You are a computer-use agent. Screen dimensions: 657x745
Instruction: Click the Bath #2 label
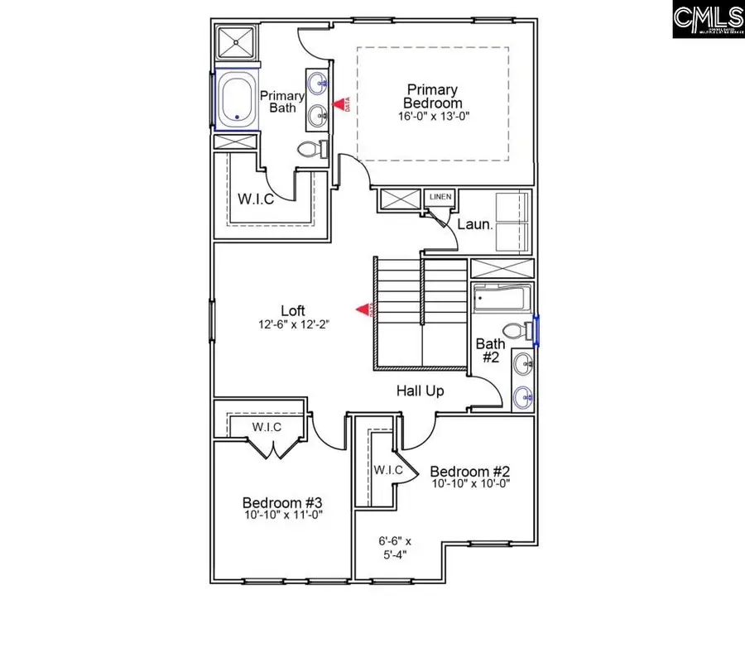(488, 351)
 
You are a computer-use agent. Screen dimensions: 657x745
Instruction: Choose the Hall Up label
(420, 391)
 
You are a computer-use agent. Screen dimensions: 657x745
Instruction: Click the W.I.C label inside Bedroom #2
(387, 469)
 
